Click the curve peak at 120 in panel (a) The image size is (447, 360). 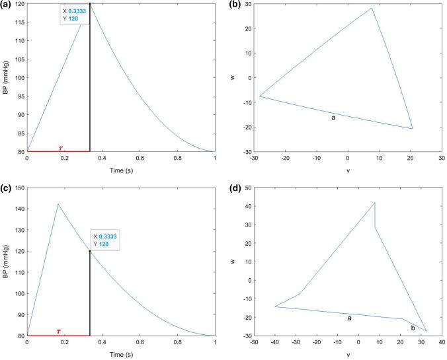(90, 4)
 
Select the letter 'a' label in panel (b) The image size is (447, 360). (333, 117)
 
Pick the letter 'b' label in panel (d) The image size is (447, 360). (413, 327)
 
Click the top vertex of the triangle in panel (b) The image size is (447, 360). (372, 8)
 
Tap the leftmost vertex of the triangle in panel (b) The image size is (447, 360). (259, 96)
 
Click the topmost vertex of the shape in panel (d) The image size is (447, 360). (375, 202)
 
